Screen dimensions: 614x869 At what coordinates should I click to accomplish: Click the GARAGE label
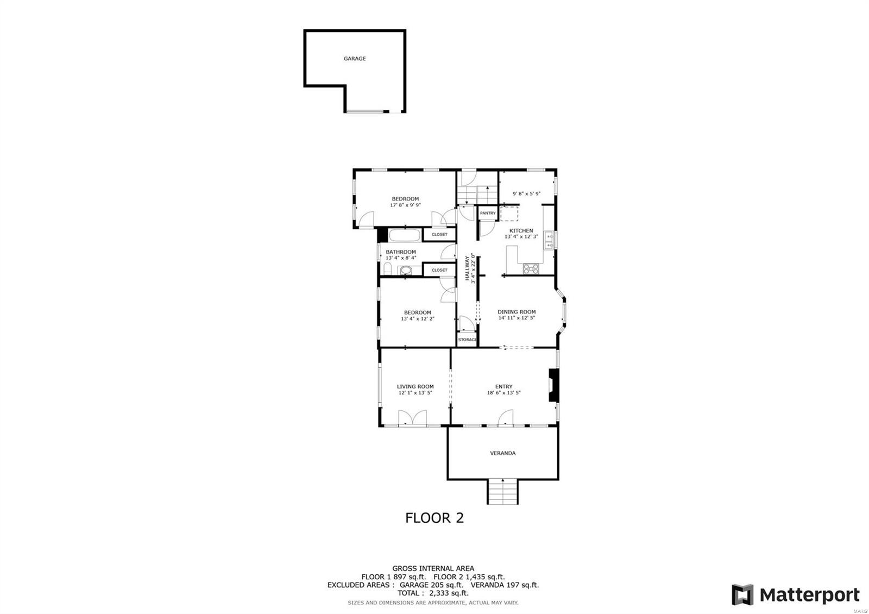point(354,59)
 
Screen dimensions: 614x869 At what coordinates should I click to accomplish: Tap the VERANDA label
point(502,453)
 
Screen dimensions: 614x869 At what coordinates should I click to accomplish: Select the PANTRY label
point(487,213)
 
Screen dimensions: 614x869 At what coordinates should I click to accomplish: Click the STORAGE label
point(467,340)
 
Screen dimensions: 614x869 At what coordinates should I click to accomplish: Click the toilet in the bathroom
point(388,270)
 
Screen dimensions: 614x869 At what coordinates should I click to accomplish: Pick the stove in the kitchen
point(530,268)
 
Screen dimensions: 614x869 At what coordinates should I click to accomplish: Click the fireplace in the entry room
point(553,386)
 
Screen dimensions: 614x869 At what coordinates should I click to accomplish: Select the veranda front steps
point(502,492)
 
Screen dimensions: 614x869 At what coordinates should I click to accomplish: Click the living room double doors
point(412,418)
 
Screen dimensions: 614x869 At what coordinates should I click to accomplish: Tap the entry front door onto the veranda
point(505,417)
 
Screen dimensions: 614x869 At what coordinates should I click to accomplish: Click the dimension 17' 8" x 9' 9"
point(405,205)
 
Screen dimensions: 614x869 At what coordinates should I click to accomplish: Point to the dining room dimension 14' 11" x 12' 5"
point(517,318)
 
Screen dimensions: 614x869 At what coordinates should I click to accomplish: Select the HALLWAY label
point(467,268)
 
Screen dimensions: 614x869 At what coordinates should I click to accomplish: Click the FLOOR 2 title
point(434,518)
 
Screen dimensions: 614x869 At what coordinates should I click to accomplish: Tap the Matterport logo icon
point(742,595)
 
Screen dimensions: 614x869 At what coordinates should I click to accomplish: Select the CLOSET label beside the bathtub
point(439,235)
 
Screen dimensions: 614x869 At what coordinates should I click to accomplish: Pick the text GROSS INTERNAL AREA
point(433,568)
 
